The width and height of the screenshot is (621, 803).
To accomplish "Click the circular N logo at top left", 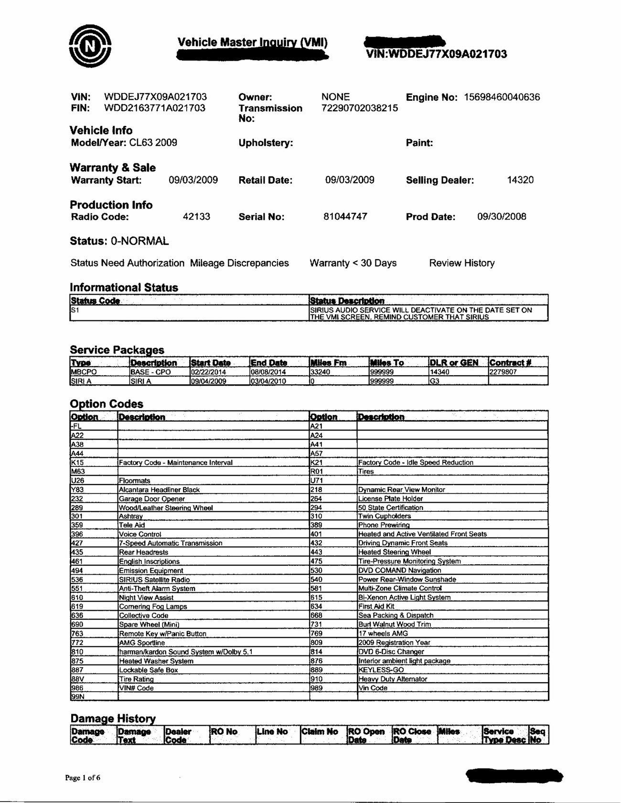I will pyautogui.click(x=90, y=46).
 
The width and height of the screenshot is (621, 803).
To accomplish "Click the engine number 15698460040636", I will pyautogui.click(x=502, y=97).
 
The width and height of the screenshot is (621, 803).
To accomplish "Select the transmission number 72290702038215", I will pyautogui.click(x=359, y=108).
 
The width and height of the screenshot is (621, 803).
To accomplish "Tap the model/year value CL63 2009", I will pyautogui.click(x=153, y=143).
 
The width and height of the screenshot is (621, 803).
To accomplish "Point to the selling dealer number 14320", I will pyautogui.click(x=520, y=180).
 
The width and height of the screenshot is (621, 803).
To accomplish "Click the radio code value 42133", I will pyautogui.click(x=196, y=217).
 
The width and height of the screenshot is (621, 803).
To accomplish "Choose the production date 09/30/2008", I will pyautogui.click(x=502, y=217).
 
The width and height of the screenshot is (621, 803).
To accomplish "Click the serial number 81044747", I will pyautogui.click(x=345, y=217).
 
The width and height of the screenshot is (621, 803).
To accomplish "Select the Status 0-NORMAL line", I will pyautogui.click(x=119, y=241).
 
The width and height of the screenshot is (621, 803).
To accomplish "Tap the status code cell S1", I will pyautogui.click(x=75, y=310).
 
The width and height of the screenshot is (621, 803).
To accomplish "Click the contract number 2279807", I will pyautogui.click(x=503, y=372).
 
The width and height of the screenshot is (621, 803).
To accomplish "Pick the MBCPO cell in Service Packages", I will pyautogui.click(x=84, y=372).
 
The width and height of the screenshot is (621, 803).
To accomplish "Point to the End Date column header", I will pyautogui.click(x=268, y=363).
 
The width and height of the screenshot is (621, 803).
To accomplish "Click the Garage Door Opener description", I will pyautogui.click(x=152, y=499).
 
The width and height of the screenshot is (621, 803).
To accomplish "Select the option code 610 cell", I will pyautogui.click(x=77, y=598).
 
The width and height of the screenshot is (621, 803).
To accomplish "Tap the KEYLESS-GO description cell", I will pyautogui.click(x=381, y=670).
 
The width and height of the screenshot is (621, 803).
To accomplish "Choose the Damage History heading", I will pyautogui.click(x=113, y=718).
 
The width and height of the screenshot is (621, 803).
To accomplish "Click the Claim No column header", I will pyautogui.click(x=320, y=732).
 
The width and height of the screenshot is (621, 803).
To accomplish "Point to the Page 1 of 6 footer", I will pyautogui.click(x=83, y=778).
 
